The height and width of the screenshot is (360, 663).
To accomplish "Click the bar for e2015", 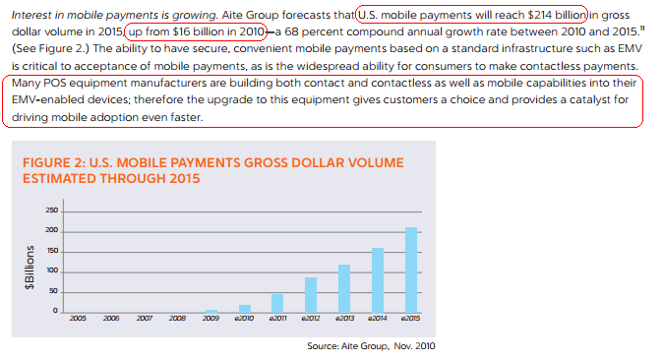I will pos(411,270).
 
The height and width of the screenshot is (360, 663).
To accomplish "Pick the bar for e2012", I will pos(311,294).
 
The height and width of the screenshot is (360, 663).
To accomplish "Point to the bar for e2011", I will pos(277,303).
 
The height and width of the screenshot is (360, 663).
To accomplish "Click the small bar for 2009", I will pos(211,311).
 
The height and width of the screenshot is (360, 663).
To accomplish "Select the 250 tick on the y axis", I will pos(52,211).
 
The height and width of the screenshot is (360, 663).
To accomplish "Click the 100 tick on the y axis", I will pos(52,271).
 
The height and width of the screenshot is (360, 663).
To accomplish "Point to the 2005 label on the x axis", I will pos(78,320).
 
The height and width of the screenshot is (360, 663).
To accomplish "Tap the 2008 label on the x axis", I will pos(178,320).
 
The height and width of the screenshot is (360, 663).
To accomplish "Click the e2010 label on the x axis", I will pos(244,320).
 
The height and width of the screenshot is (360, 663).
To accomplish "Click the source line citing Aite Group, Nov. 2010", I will pos(371,345).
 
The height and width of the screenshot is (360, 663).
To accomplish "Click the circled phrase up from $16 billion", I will pos(197,31).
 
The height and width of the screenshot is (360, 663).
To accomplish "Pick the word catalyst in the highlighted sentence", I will pos(576,99).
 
